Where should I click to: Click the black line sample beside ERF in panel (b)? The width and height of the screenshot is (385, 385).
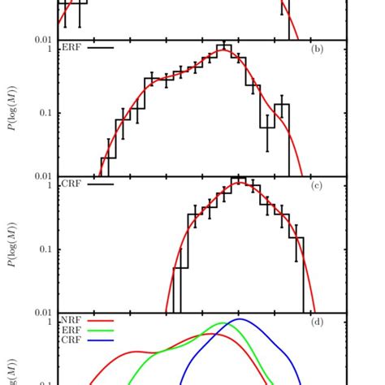click(x=100, y=48)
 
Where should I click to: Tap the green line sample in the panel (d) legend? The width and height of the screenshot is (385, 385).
click(x=100, y=331)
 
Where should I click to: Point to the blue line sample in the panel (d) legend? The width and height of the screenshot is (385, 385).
click(x=100, y=340)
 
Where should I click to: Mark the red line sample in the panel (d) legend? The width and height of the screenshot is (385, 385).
click(x=100, y=321)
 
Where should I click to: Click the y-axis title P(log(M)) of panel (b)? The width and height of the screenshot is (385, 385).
click(x=10, y=108)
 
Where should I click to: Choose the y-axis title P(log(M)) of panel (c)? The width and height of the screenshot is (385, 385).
click(x=10, y=244)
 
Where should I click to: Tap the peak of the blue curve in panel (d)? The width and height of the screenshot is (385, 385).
click(x=240, y=319)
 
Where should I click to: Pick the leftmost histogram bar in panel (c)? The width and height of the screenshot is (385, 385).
click(x=177, y=290)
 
